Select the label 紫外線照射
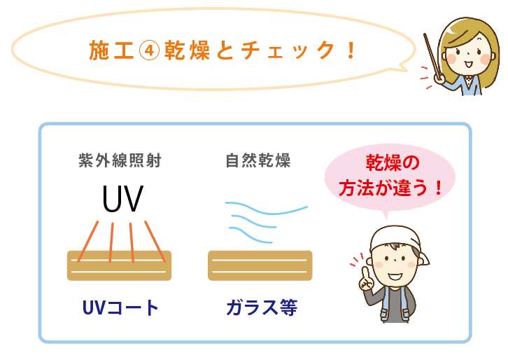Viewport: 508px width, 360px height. [x=120, y=160]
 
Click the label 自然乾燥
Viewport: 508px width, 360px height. [x=258, y=160]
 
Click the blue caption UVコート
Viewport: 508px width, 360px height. [x=120, y=307]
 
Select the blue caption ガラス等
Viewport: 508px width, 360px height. [x=261, y=307]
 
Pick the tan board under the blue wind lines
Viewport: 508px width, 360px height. [x=260, y=265]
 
